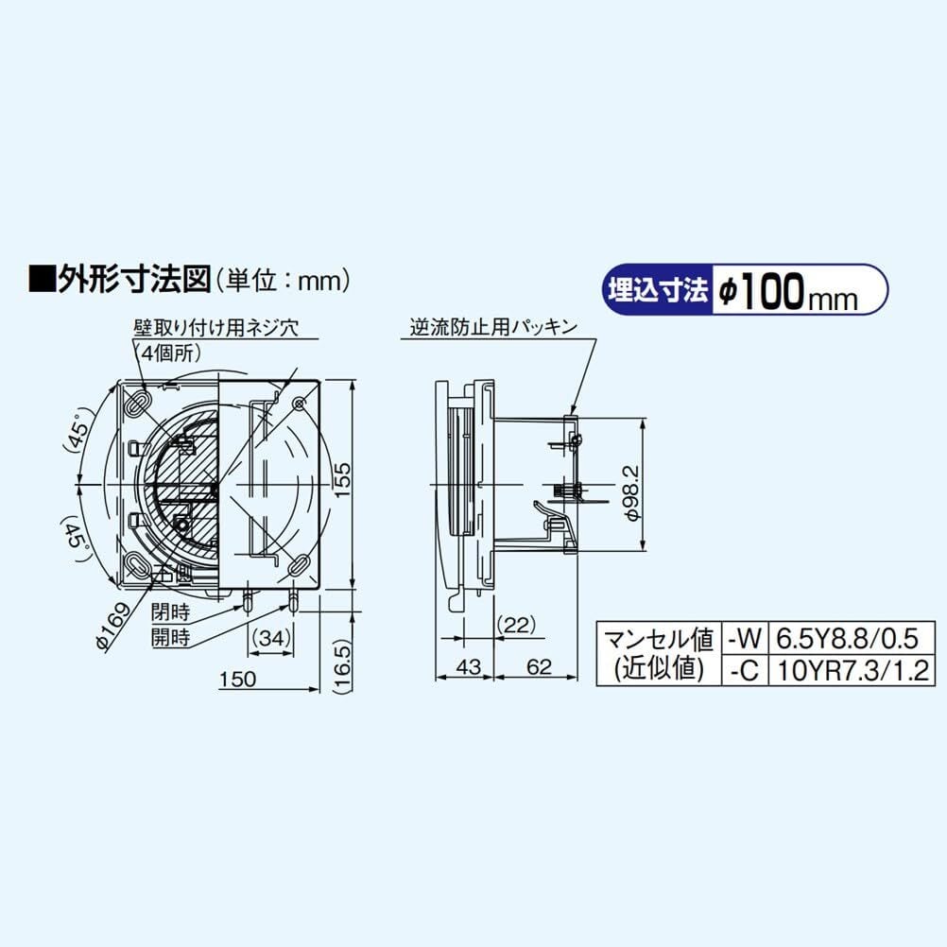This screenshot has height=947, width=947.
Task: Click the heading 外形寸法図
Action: click(x=133, y=280)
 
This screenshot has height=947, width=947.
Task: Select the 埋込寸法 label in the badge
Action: click(x=658, y=290)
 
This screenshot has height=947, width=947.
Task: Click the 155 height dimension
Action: click(x=342, y=479)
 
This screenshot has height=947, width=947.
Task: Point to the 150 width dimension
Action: click(x=238, y=679)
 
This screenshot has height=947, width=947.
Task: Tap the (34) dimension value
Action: click(x=270, y=637)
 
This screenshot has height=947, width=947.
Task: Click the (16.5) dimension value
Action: click(x=342, y=666)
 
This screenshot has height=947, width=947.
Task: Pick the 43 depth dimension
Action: click(x=468, y=666)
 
